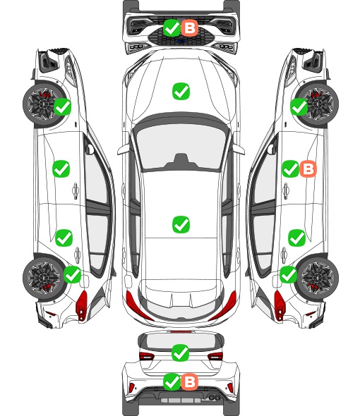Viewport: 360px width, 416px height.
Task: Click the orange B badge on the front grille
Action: tap(190, 27)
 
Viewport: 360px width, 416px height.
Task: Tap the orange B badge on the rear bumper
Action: tap(189, 381)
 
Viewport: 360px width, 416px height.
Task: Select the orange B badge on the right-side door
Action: tap(308, 169)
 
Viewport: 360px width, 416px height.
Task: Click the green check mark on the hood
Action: tap(181, 91)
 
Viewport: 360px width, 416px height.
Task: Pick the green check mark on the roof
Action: tap(181, 224)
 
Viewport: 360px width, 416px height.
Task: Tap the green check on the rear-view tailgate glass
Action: tap(181, 353)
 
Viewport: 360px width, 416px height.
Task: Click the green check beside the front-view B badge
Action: tap(172, 27)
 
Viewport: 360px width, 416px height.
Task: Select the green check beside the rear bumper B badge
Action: tap(172, 381)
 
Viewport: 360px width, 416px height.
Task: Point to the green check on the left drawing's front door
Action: tap(61, 169)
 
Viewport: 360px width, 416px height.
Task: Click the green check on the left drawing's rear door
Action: tap(64, 238)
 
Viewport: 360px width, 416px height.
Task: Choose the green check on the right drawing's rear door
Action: tap(296, 238)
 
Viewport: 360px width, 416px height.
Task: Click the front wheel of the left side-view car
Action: tap(43, 104)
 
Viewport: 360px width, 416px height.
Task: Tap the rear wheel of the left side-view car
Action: tap(43, 278)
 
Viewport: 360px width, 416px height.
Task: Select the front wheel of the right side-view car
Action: tap(318, 104)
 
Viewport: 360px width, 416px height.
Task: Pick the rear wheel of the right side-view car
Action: tap(318, 278)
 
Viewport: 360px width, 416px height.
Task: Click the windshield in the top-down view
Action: tap(181, 147)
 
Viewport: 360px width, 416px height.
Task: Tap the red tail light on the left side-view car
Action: tap(82, 305)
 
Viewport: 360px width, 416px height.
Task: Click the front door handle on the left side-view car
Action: tap(76, 190)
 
